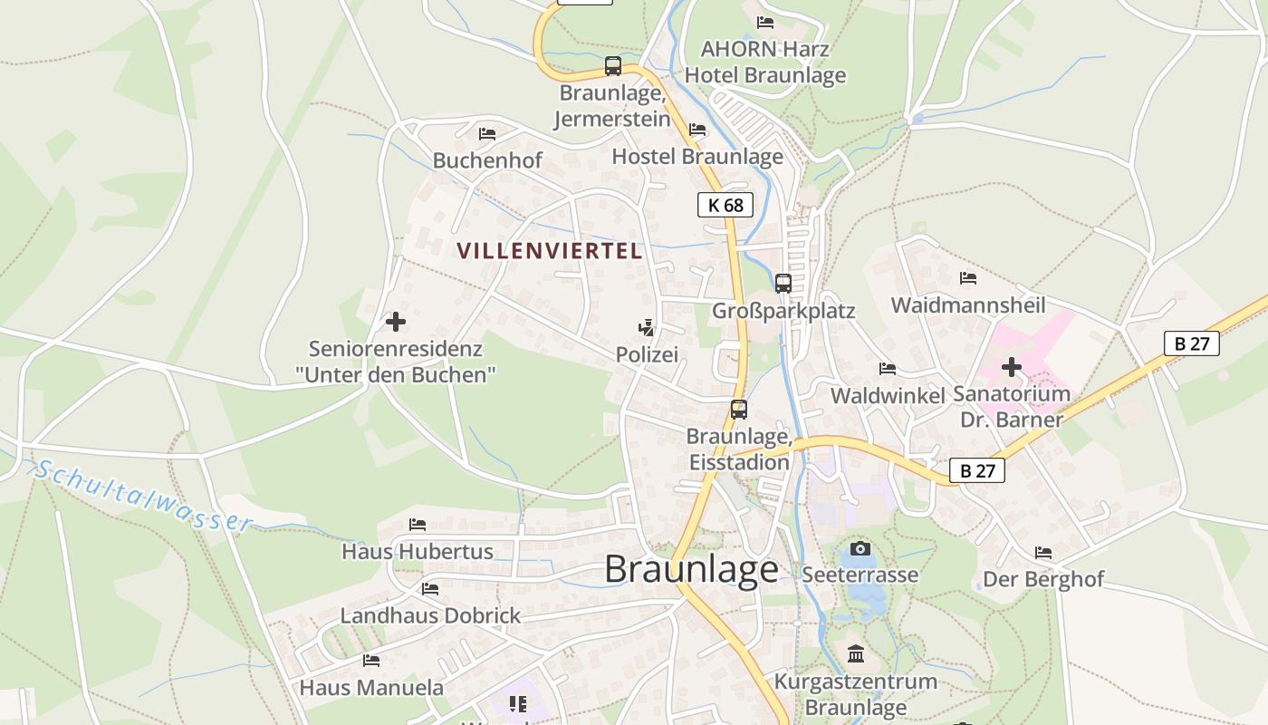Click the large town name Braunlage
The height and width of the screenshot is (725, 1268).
(691, 569)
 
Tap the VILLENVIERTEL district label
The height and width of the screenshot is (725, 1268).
(550, 251)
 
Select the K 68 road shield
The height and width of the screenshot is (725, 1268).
(725, 205)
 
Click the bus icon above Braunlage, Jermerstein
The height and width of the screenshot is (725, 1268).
(613, 66)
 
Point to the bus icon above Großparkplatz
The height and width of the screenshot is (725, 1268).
(783, 284)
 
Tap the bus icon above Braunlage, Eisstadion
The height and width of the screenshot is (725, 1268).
(739, 410)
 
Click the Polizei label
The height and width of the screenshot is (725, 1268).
(647, 354)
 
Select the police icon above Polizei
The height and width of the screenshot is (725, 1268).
(647, 327)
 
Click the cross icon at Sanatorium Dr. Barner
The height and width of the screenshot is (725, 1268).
(1012, 367)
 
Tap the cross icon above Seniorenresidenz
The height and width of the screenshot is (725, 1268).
(395, 322)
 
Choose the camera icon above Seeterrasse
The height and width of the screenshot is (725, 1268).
(860, 548)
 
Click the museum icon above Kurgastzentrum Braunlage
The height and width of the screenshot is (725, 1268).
(856, 653)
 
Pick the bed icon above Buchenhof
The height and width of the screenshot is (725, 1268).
(487, 134)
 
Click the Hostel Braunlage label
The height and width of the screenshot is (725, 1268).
(697, 156)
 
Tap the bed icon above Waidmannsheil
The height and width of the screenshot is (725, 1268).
(968, 278)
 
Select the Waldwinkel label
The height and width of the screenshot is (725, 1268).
(888, 395)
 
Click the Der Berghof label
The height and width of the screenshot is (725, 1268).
(1043, 579)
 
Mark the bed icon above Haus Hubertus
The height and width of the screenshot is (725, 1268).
(417, 524)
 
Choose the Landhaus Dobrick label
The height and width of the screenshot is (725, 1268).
(430, 615)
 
